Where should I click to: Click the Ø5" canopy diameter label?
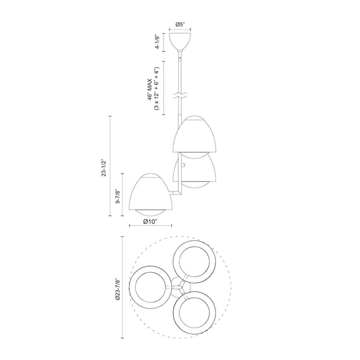point(181,25)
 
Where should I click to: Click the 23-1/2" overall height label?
point(103,165)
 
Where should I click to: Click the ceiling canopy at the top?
point(181,41)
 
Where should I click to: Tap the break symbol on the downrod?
point(181,95)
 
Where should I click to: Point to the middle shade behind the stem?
point(197,171)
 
